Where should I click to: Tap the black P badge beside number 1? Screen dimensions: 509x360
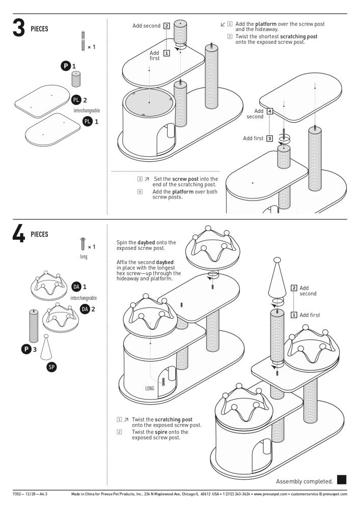click(66, 66)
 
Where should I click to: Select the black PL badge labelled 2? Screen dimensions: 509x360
click(76, 100)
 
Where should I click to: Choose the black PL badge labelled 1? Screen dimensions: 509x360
click(87, 121)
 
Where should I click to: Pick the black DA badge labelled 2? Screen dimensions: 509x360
click(85, 308)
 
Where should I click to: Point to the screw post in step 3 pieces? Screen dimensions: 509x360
click(82, 41)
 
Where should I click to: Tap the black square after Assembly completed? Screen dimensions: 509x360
click(342, 479)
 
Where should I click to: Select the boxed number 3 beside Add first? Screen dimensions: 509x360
click(269, 137)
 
